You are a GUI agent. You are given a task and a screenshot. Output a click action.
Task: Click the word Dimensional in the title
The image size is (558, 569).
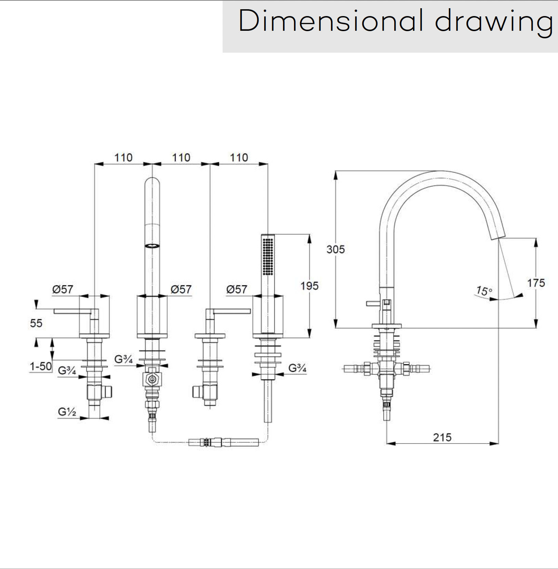[x=330, y=21]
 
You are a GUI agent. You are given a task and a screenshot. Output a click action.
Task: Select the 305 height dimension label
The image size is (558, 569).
[x=335, y=249]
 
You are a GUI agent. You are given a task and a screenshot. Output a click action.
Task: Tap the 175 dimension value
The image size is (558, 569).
[x=536, y=283]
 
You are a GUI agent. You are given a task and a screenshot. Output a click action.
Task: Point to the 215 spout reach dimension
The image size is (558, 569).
[x=442, y=437]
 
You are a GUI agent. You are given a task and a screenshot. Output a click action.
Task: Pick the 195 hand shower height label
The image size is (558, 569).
[x=309, y=286]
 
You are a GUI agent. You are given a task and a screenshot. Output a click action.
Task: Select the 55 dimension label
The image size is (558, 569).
[x=36, y=323]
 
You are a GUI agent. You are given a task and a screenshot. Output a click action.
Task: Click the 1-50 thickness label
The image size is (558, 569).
[x=41, y=366]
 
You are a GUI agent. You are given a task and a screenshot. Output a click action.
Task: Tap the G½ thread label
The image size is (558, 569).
[x=67, y=412]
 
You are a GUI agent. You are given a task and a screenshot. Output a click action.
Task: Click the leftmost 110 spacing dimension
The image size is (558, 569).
[x=123, y=158]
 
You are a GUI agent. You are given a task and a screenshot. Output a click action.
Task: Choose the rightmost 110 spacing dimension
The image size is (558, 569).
[x=239, y=158]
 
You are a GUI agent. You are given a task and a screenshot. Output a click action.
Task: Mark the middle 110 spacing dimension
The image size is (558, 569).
[x=181, y=158]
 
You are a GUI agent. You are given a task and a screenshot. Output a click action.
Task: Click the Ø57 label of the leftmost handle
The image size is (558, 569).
[x=63, y=289]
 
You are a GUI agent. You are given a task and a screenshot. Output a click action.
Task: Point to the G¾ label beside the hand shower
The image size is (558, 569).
[x=297, y=368]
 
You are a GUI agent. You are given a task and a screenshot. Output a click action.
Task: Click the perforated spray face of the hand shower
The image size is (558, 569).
[x=268, y=256]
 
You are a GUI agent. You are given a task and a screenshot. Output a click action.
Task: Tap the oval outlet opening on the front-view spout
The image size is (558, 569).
[x=152, y=246]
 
